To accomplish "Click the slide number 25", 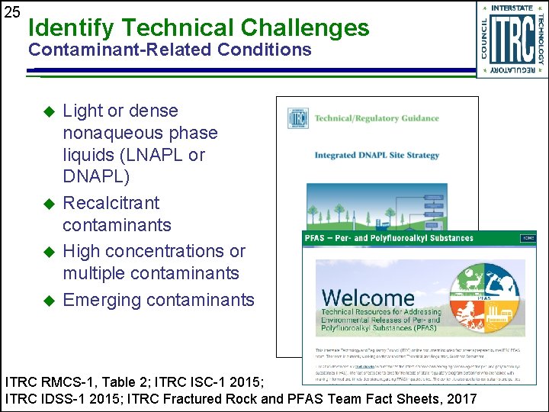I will point(11,12).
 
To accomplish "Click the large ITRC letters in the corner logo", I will point(512,40).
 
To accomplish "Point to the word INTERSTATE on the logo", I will point(512,8).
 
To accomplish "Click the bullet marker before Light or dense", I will point(50,111).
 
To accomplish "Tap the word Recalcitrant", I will point(111,203).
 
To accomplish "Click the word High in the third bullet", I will point(81,251).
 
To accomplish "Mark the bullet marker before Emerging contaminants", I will point(50,300).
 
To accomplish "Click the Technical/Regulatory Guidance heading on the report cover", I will point(377,118).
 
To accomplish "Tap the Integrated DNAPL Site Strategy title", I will point(377,156).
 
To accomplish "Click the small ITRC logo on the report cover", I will point(297,118).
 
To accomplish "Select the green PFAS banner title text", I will point(389,238).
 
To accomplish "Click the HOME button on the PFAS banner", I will point(528,238).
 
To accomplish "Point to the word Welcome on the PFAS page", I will point(368,297).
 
